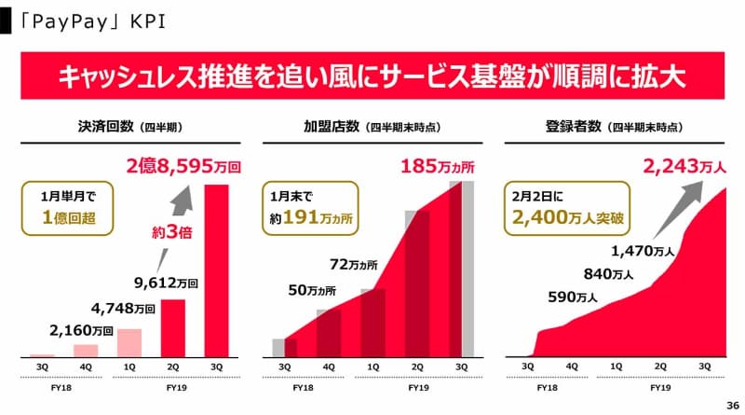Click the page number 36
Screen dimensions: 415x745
[731, 404]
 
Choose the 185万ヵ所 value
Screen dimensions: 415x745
[437, 168]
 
